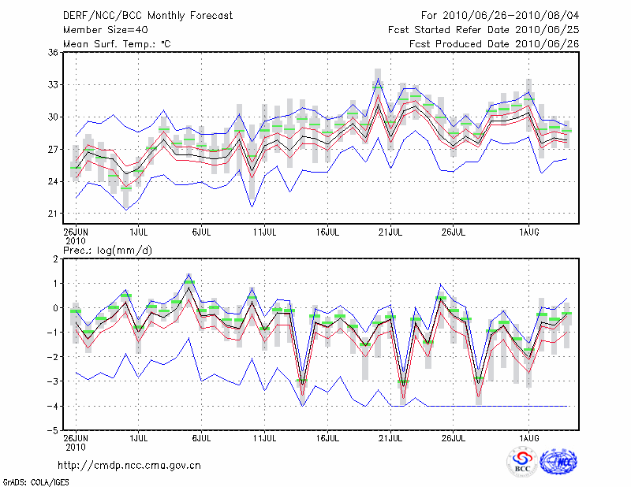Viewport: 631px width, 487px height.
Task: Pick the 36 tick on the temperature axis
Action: pyautogui.click(x=53, y=52)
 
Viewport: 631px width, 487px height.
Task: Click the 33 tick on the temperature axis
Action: pyautogui.click(x=53, y=84)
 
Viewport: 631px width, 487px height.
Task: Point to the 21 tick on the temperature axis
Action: pyautogui.click(x=53, y=214)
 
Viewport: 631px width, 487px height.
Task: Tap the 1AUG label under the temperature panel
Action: pyautogui.click(x=528, y=233)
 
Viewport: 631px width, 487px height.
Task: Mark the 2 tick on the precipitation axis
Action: pyautogui.click(x=55, y=258)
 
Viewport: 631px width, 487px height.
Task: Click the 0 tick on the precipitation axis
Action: pyautogui.click(x=55, y=308)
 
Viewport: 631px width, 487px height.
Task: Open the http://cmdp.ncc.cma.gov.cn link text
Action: pyautogui.click(x=129, y=465)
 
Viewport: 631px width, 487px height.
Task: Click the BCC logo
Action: pyautogui.click(x=521, y=462)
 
